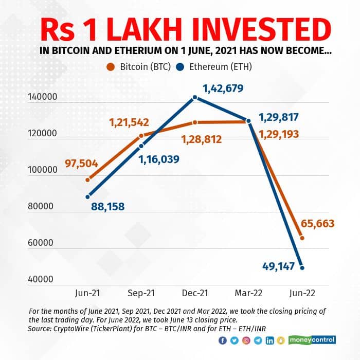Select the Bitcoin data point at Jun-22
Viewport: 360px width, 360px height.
point(302,238)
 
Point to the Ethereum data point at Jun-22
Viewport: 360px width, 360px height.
point(302,268)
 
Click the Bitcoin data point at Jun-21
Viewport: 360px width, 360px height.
point(87,180)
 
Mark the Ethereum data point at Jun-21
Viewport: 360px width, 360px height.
point(87,197)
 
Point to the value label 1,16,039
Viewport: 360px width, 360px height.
point(158,159)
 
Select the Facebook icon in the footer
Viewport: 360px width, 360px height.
point(222,340)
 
